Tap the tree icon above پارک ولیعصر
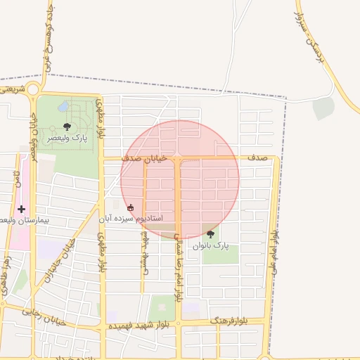click(67, 127)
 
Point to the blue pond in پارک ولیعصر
click(64, 108)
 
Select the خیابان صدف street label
click(145, 160)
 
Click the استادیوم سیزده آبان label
click(134, 219)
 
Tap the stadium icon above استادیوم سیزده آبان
click(130, 207)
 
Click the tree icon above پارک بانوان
click(210, 234)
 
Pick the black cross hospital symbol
click(21, 209)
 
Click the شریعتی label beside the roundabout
click(12, 89)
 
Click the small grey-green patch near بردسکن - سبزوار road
click(323, 108)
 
